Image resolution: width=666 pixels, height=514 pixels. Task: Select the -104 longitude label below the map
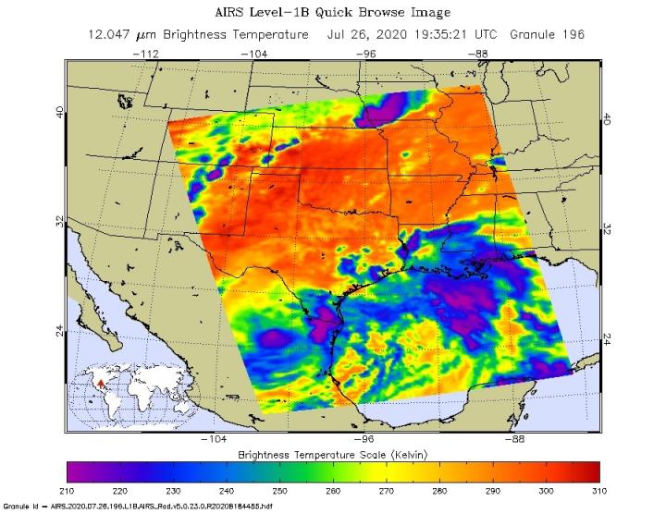coord(215,440)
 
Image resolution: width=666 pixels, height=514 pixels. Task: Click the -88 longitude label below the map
coord(517,440)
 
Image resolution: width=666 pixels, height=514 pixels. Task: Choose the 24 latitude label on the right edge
coord(607,337)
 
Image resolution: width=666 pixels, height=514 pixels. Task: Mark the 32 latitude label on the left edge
coord(60,222)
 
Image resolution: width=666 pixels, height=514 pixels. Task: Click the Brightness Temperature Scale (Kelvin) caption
coord(333,455)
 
